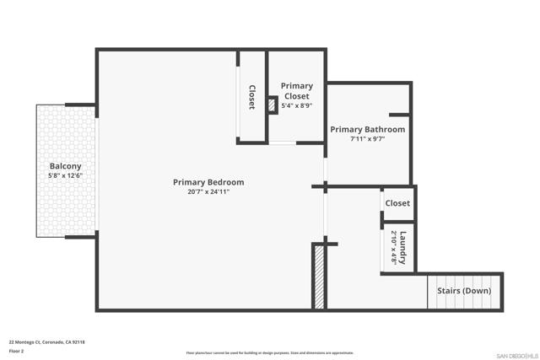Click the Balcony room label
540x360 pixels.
[x=65, y=166]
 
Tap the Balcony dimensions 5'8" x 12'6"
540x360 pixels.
[x=65, y=176]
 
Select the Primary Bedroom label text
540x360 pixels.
[x=208, y=182]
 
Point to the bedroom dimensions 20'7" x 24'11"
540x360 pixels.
[x=208, y=192]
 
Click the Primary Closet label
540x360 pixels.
[x=296, y=91]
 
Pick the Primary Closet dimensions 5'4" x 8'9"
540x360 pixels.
[x=296, y=106]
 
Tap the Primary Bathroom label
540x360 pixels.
[x=367, y=130]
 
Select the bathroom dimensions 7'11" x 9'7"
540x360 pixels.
[x=367, y=140]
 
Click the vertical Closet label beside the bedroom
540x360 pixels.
[x=251, y=97]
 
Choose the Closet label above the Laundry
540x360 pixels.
[x=397, y=203]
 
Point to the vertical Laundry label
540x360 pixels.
[x=403, y=247]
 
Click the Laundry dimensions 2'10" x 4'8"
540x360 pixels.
[x=393, y=248]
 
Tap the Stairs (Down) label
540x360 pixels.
[x=464, y=291]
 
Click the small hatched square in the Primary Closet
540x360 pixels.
[x=272, y=105]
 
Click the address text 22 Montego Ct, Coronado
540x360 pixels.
[x=47, y=341]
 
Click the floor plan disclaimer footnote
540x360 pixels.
[x=270, y=353]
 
